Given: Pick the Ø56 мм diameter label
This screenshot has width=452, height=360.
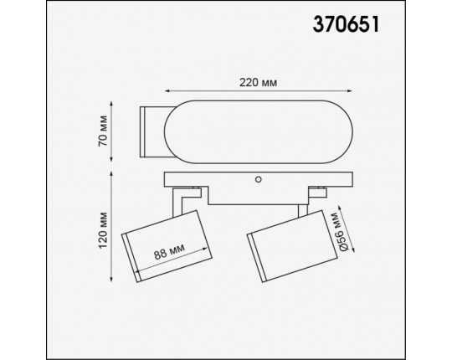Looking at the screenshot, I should pyautogui.click(x=337, y=233).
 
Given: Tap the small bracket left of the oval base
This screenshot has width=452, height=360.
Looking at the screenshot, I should pyautogui.click(x=153, y=131).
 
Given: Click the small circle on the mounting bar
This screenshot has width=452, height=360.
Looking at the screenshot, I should pyautogui.click(x=259, y=178).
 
